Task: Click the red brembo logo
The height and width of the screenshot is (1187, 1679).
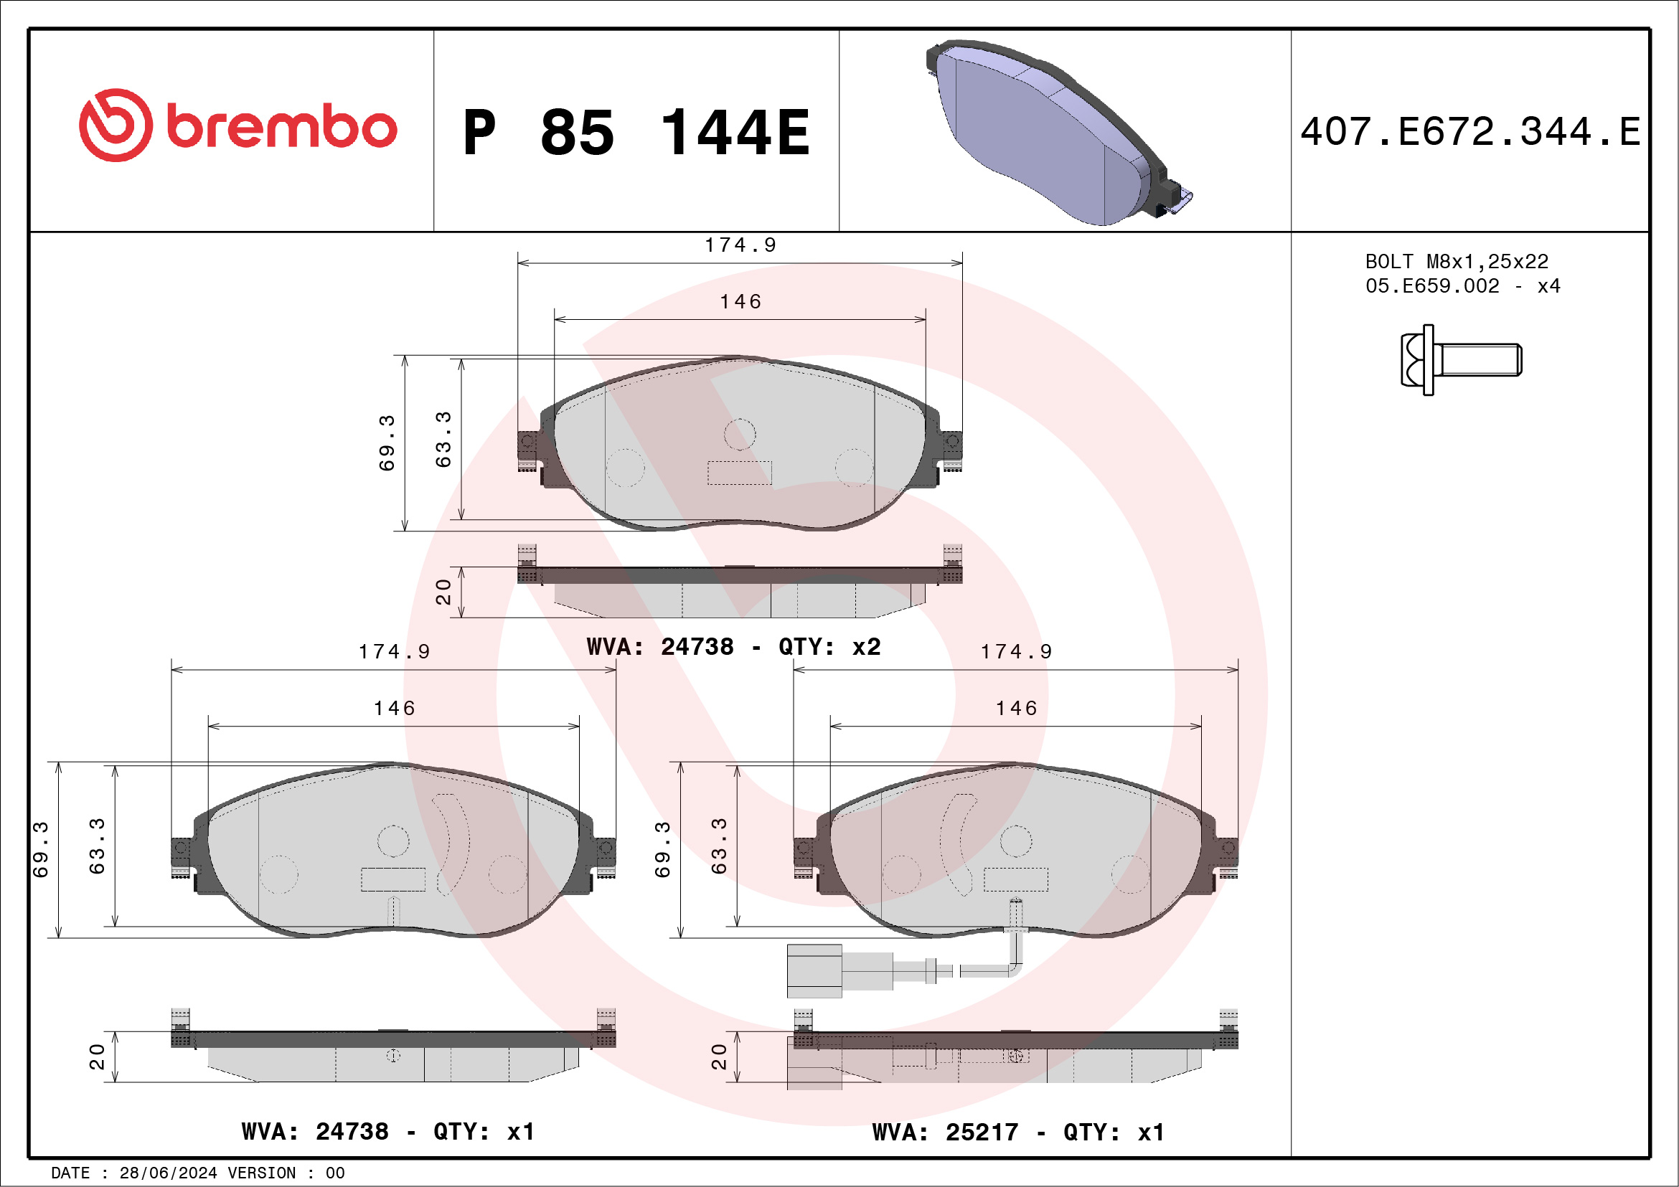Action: [x=237, y=126]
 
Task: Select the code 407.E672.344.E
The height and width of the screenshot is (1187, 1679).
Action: [x=1470, y=132]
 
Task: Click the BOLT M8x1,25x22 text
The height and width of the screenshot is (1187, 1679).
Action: [x=1456, y=261]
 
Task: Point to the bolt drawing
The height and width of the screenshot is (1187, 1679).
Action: [x=1460, y=360]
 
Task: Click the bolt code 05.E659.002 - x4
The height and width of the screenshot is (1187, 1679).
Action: [x=1462, y=285]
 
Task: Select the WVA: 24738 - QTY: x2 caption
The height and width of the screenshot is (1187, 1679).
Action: [x=733, y=647]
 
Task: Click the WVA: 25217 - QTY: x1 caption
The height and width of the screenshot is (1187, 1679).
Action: [x=1018, y=1132]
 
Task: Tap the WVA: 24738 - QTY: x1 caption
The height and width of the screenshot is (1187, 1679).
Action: [x=387, y=1132]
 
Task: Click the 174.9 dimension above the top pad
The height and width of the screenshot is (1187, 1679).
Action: [x=740, y=245]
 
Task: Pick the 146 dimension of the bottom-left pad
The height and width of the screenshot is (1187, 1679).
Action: [x=394, y=708]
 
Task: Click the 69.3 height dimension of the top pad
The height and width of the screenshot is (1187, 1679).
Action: [x=387, y=443]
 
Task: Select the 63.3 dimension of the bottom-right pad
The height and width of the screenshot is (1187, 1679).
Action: [x=719, y=846]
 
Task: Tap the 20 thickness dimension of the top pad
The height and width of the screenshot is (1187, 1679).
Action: [x=443, y=592]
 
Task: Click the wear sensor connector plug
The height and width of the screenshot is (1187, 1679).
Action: [x=814, y=970]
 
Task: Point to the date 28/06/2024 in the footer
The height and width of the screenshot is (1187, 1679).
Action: [x=167, y=1173]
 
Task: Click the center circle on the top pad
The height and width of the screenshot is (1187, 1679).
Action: [x=739, y=434]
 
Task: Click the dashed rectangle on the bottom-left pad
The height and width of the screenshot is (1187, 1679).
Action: [x=392, y=879]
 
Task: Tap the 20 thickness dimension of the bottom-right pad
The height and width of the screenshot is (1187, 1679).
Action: [x=719, y=1057]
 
